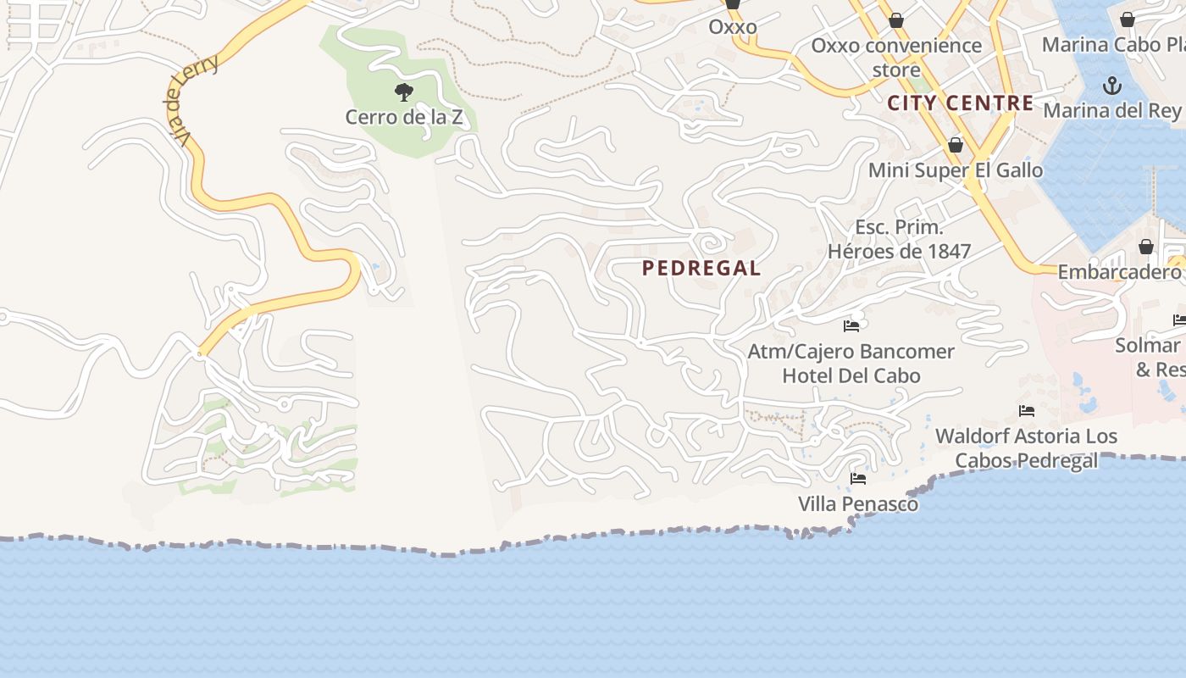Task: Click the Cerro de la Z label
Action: [404, 117]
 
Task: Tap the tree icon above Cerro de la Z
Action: [404, 91]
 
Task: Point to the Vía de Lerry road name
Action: [191, 99]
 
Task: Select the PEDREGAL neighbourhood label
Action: [701, 269]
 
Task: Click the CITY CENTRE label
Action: [961, 103]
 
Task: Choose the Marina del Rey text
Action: [1111, 110]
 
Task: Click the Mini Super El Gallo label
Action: [956, 170]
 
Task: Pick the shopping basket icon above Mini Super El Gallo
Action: [956, 145]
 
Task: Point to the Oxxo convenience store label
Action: [896, 57]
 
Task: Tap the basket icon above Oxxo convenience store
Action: [896, 20]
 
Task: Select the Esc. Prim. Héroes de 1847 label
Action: [899, 239]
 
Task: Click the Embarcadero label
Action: [1119, 272]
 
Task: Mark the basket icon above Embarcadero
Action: [1145, 247]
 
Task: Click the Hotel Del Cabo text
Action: [851, 375]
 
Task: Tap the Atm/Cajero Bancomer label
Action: [851, 351]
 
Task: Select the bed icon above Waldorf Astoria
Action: [1027, 411]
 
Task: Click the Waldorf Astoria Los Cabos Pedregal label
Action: [1026, 448]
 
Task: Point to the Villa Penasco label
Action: [858, 504]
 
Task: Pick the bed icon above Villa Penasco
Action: [858, 479]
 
